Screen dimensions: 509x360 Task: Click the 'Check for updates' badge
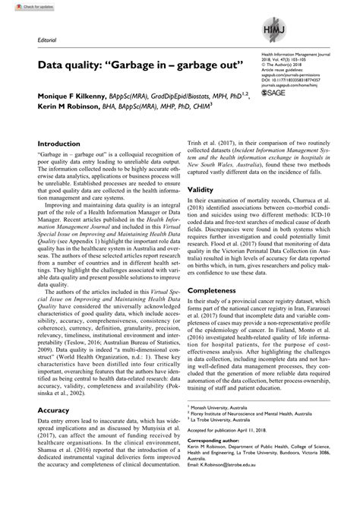click(x=24, y=7)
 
